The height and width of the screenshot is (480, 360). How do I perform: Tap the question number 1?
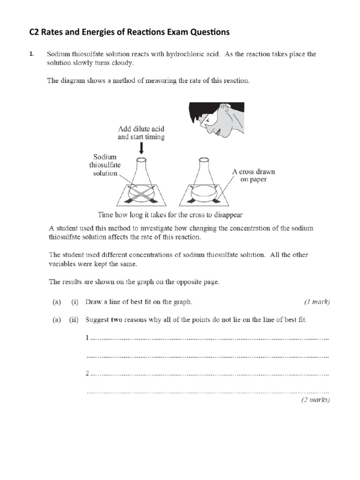31,54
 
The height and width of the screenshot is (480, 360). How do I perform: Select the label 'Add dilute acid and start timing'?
141,133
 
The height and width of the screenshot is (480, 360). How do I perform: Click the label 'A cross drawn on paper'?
254,175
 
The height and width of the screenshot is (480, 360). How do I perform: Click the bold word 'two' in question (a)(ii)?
117,320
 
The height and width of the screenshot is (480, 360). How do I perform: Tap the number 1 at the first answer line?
88,337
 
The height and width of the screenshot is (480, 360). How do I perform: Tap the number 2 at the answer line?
88,374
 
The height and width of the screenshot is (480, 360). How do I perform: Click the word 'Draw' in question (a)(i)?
93,302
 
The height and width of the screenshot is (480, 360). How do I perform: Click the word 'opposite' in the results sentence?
187,282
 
